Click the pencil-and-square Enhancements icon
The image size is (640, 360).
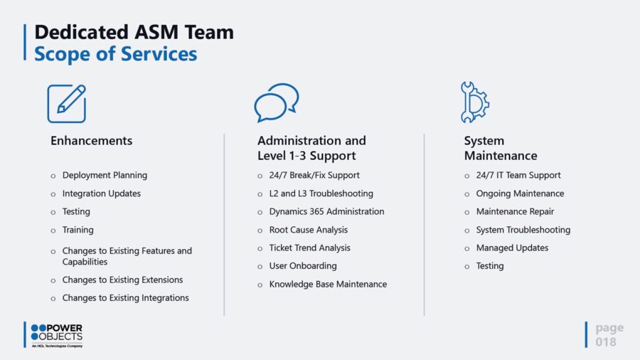[67, 103]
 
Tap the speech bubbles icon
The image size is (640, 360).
[276, 102]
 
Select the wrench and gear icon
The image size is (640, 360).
[474, 102]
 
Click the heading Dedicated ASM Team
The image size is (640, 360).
[134, 32]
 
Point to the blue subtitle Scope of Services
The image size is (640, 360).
[116, 53]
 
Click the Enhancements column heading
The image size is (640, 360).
[91, 141]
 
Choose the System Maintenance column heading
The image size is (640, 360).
[501, 148]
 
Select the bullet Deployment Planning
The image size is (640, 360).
[105, 175]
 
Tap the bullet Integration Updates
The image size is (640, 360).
[101, 194]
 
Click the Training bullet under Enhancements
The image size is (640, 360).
[78, 230]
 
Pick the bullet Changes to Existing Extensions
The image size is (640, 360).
[122, 280]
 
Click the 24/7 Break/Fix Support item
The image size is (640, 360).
[314, 175]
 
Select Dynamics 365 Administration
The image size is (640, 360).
[326, 211]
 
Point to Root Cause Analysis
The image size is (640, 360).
[308, 230]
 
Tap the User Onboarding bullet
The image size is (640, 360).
[302, 265]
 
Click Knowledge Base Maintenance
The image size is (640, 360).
[328, 284]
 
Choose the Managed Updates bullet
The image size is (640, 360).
[512, 248]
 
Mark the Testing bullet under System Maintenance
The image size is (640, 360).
[489, 265]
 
